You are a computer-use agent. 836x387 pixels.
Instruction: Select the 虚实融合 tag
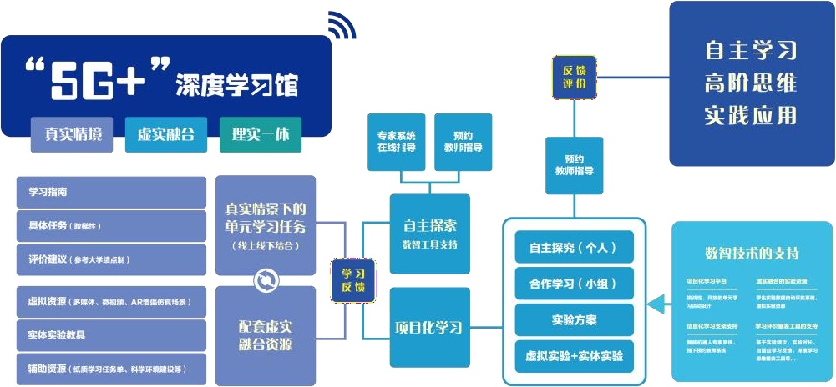[165, 133]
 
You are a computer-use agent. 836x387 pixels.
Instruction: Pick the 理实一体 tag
[260, 133]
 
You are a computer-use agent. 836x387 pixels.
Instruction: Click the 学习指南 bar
[111, 192]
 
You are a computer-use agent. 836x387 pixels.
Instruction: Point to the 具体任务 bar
[111, 226]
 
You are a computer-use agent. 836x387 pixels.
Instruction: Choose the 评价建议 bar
[111, 259]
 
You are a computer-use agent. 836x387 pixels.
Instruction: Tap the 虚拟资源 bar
[111, 302]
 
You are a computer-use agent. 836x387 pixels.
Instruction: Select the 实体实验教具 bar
[111, 334]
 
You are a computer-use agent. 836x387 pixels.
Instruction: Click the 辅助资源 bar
[111, 368]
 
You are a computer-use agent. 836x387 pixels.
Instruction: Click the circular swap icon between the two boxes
[265, 280]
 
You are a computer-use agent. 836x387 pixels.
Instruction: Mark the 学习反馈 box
[353, 280]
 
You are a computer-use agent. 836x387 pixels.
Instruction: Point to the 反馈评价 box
[575, 77]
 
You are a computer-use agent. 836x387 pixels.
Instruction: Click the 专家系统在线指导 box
[397, 142]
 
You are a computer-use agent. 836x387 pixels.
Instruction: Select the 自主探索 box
[429, 234]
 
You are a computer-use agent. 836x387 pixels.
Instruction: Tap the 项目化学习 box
[429, 327]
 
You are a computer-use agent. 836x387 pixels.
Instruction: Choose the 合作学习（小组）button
[574, 284]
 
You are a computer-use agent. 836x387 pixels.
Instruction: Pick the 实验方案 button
[574, 320]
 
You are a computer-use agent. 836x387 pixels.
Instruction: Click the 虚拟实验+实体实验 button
[574, 357]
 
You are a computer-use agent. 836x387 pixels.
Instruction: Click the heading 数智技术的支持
[752, 253]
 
